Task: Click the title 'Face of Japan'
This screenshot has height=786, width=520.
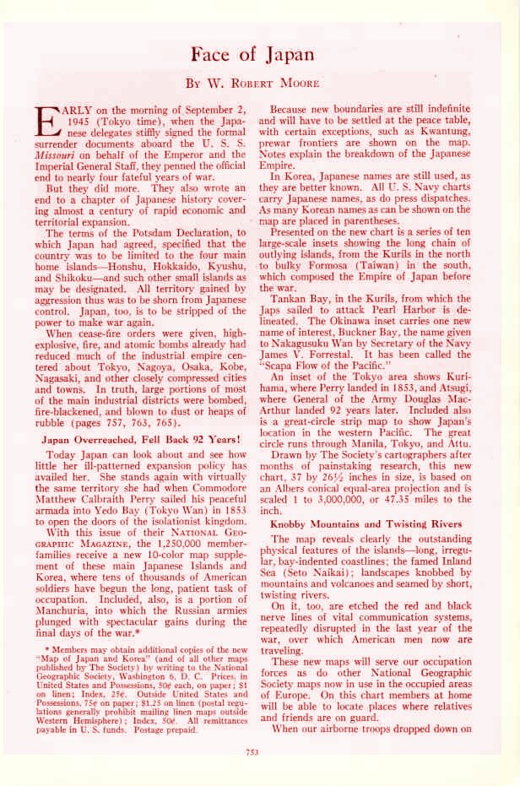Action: (252, 55)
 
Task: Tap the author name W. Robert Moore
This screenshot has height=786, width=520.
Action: (253, 84)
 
